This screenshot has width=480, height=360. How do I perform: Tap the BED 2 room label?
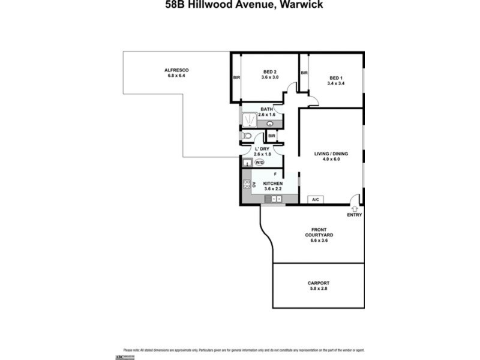pyautogui.click(x=270, y=70)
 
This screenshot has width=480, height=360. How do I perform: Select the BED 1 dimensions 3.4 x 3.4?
pyautogui.click(x=336, y=83)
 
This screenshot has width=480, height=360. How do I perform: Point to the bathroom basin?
pyautogui.click(x=270, y=124)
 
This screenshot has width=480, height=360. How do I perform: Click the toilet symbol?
pyautogui.click(x=246, y=136)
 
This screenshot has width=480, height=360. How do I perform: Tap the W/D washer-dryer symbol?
pyautogui.click(x=260, y=162)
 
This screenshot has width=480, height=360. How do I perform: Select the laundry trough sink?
pyautogui.click(x=247, y=162)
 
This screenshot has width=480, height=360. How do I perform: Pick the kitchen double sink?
pyautogui.click(x=275, y=198)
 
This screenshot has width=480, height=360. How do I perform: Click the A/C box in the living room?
pyautogui.click(x=315, y=199)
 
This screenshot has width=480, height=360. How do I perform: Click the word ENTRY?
pyautogui.click(x=355, y=215)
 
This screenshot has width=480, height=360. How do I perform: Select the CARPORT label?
pyautogui.click(x=318, y=283)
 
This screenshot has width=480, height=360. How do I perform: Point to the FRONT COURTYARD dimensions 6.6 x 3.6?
pyautogui.click(x=318, y=241)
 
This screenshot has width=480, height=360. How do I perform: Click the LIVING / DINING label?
pyautogui.click(x=331, y=154)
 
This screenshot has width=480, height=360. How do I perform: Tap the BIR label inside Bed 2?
pyautogui.click(x=236, y=77)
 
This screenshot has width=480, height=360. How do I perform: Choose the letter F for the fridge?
pyautogui.click(x=274, y=173)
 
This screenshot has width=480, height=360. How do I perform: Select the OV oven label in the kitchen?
pyautogui.click(x=254, y=184)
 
